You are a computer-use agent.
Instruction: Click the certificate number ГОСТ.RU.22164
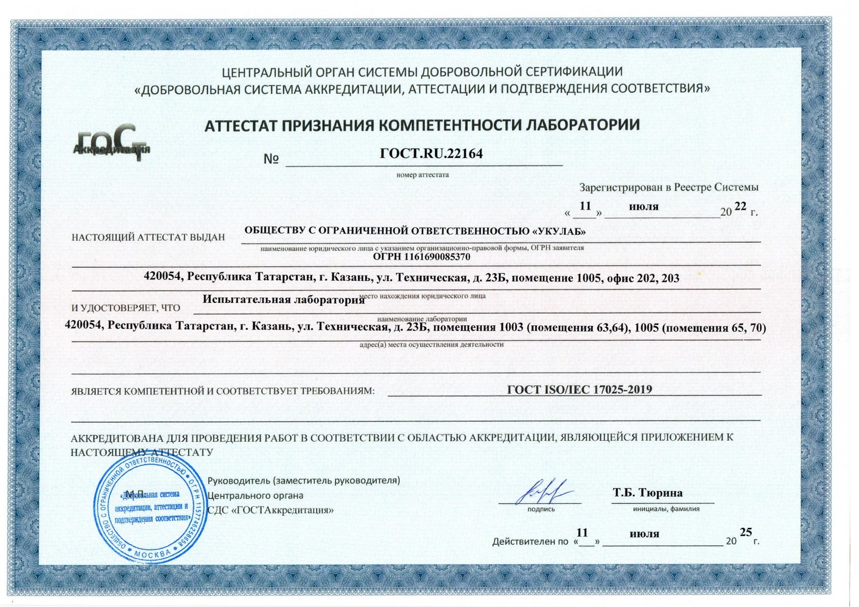coord(431,154)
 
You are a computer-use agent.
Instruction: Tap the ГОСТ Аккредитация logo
coord(113,143)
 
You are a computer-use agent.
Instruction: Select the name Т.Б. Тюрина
coord(648,493)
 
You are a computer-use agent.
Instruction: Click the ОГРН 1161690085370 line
coord(421,257)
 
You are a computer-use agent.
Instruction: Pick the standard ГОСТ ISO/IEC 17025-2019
coord(579,390)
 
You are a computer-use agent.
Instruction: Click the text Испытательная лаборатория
coord(284,299)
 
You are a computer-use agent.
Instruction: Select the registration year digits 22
coord(740,206)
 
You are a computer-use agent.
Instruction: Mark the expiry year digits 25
coord(746,532)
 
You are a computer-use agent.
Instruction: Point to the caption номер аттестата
coord(422,175)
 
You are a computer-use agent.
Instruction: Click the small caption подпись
coord(541,509)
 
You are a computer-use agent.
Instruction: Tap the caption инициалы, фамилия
coord(666,509)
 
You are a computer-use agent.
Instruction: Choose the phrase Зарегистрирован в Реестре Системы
coord(669,187)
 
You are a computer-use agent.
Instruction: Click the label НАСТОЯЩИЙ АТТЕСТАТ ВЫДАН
coord(148,237)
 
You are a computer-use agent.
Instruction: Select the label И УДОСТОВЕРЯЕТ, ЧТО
coord(125,308)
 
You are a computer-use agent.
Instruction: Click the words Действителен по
coord(530,542)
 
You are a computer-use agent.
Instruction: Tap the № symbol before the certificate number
coord(271,159)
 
